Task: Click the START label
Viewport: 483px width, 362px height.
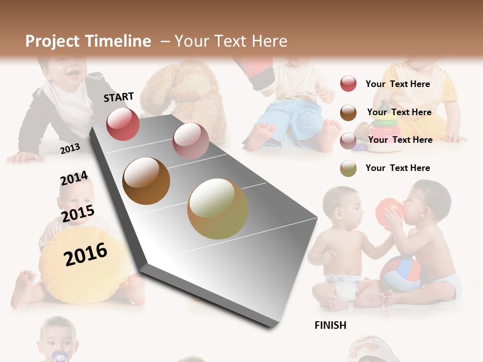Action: (x=119, y=97)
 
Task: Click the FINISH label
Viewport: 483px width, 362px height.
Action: (x=330, y=325)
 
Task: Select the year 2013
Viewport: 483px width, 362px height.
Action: (x=70, y=148)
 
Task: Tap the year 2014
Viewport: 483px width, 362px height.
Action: (x=74, y=178)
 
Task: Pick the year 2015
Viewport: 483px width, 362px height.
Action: (x=78, y=214)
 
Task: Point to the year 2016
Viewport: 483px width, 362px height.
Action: (x=86, y=254)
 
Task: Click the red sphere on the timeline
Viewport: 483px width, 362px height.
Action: (x=123, y=124)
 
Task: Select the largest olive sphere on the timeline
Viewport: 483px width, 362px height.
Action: (x=218, y=209)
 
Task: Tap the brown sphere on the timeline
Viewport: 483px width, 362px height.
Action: (x=146, y=181)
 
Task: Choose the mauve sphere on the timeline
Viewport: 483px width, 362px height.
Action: (x=191, y=140)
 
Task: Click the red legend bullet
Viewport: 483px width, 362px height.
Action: (x=348, y=83)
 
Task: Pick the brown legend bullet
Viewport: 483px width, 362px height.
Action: (x=348, y=112)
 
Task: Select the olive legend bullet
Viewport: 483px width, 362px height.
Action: (x=348, y=168)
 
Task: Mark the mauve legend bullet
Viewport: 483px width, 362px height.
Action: (x=348, y=140)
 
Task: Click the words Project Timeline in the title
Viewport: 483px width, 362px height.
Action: (x=88, y=41)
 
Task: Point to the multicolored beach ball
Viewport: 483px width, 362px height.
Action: (x=400, y=274)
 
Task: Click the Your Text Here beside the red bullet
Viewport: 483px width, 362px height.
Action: (x=397, y=84)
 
